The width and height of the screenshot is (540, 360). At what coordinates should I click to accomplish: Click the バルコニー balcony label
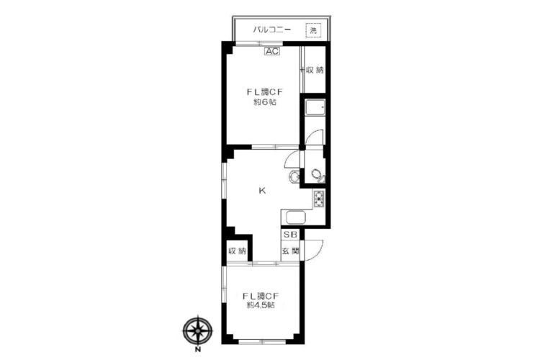[x=272, y=30]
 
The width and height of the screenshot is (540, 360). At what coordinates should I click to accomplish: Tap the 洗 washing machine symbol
[x=313, y=30]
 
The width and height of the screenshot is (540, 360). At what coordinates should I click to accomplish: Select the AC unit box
[x=272, y=51]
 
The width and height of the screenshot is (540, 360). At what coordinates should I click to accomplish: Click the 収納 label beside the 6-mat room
[x=315, y=70]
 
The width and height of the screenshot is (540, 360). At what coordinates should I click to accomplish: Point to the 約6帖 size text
[x=265, y=102]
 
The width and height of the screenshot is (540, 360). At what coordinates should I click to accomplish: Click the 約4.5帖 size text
[x=261, y=305]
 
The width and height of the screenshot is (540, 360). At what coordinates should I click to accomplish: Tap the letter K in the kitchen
[x=262, y=191]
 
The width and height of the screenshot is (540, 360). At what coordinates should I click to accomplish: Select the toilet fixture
[x=318, y=176]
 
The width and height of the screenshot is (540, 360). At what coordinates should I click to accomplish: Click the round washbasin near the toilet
[x=294, y=176]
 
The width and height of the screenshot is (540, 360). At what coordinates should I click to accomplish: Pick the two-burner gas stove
[x=318, y=199]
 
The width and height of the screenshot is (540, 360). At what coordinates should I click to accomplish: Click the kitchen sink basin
[x=296, y=217]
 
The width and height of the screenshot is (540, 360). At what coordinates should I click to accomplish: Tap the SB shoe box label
[x=290, y=235]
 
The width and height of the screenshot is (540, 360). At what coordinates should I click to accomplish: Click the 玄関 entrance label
[x=290, y=251]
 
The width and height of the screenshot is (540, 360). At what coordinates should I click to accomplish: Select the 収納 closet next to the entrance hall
[x=238, y=251]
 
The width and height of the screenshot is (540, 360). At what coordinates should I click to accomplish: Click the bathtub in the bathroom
[x=315, y=107]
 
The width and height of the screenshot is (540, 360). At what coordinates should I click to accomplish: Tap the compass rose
[x=197, y=330]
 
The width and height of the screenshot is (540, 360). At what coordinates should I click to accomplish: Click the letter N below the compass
[x=198, y=351]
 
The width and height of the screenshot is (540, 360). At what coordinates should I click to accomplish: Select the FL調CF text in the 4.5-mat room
[x=261, y=296]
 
